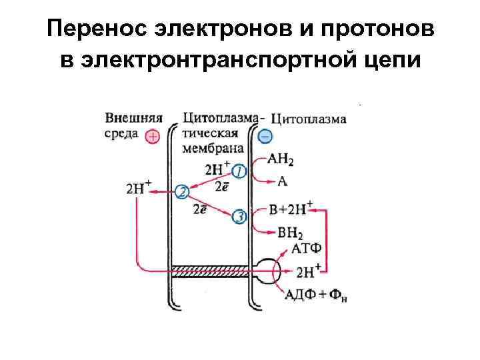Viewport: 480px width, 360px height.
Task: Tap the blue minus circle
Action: [265, 136]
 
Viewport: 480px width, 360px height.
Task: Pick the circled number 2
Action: [181, 193]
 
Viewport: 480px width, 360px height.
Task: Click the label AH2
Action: [281, 161]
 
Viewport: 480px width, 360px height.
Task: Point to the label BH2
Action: [281, 233]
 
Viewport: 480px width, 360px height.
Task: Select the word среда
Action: [121, 134]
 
